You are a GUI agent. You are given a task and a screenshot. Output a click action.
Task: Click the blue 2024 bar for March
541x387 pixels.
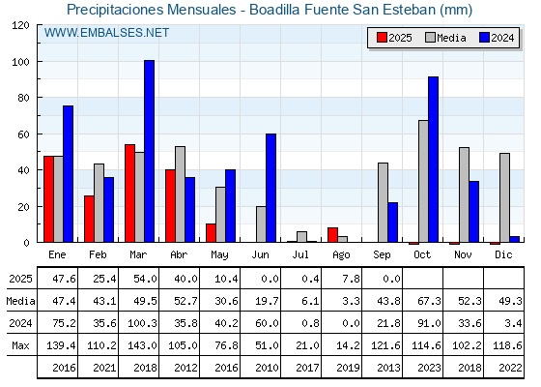150,151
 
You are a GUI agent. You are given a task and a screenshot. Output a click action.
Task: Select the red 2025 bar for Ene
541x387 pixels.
48,199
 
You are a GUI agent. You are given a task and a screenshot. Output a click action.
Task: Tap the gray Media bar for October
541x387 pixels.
423,181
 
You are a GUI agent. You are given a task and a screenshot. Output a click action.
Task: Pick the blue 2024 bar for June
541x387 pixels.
270,188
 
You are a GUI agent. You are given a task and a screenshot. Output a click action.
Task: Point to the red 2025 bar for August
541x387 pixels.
332,235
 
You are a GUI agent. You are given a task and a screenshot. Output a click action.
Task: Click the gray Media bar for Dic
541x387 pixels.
504,197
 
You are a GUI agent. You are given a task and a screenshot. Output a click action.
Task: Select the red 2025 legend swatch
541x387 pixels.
382,38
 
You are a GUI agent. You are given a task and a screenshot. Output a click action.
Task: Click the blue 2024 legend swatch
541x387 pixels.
484,38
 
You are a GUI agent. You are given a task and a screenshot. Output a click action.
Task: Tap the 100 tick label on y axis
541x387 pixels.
20,62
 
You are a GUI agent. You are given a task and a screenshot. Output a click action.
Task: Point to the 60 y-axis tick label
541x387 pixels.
23,134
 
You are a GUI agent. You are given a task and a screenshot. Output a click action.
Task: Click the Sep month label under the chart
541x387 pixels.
382,255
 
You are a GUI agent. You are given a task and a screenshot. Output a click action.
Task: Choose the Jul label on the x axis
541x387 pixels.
300,255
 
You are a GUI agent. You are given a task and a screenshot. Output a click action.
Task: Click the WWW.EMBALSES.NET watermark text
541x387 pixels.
106,33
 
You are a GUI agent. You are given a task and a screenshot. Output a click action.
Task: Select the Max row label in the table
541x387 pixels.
20,345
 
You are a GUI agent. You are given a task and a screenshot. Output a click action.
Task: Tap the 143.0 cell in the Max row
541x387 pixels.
142,345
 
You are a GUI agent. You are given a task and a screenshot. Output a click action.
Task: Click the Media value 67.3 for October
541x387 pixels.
429,301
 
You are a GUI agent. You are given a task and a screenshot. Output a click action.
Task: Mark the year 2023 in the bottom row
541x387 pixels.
429,368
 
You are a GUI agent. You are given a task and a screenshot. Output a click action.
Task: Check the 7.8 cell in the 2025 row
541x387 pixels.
352,279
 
